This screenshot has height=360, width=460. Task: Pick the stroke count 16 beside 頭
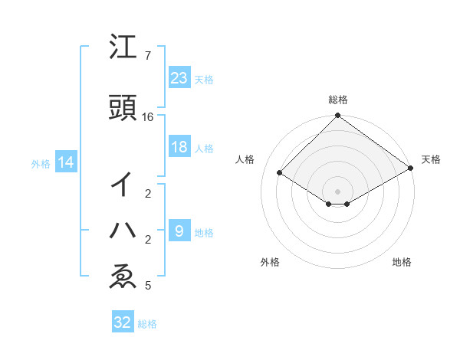148,117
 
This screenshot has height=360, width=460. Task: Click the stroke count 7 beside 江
148,56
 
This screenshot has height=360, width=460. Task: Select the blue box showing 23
179,78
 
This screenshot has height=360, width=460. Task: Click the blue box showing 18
179,147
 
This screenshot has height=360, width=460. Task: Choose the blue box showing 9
179,231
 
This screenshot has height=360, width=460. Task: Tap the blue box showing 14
65,162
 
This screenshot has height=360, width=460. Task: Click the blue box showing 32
123,322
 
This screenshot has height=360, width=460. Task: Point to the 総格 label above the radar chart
338,100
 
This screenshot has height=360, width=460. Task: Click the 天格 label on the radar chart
431,159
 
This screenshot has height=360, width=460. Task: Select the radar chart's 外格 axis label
270,262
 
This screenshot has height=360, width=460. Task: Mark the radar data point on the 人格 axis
280,173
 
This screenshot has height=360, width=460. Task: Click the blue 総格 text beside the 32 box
148,324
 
